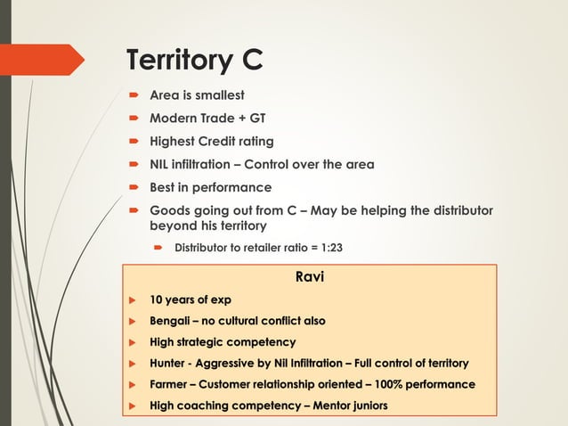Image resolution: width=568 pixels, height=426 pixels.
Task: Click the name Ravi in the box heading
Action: pyautogui.click(x=309, y=277)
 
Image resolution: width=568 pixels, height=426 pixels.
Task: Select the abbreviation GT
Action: pyautogui.click(x=256, y=118)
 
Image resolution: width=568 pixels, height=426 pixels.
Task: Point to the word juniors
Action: pyautogui.click(x=370, y=406)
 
